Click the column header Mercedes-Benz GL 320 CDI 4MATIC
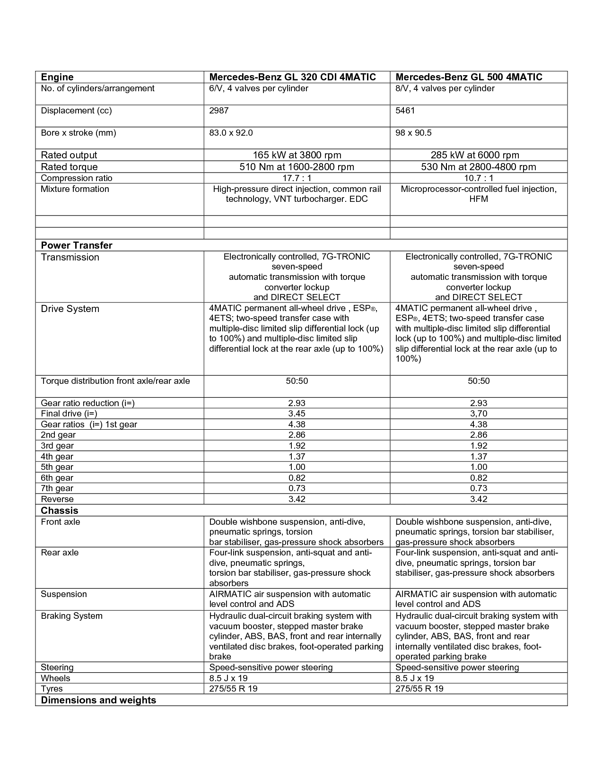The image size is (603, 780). pyautogui.click(x=292, y=77)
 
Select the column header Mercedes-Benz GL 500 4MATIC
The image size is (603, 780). pyautogui.click(x=469, y=77)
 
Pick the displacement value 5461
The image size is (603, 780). pyautogui.click(x=405, y=111)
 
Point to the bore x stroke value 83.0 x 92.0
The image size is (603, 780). pyautogui.click(x=231, y=133)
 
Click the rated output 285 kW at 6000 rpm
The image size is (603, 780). pyautogui.click(x=475, y=155)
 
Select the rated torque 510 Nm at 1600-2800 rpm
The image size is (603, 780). pyautogui.click(x=297, y=167)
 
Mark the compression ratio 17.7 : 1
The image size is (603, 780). pyautogui.click(x=297, y=178)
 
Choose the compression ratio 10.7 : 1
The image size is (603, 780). pyautogui.click(x=478, y=178)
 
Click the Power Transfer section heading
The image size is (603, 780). pyautogui.click(x=77, y=245)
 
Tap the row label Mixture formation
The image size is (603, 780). pyautogui.click(x=75, y=189)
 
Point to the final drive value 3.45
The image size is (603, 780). pyautogui.click(x=297, y=414)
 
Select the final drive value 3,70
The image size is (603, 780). pyautogui.click(x=478, y=414)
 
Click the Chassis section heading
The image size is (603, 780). pyautogui.click(x=60, y=511)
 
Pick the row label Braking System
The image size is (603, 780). pyautogui.click(x=71, y=616)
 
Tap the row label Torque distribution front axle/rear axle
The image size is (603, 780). pyautogui.click(x=115, y=381)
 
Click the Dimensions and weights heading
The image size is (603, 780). pyautogui.click(x=98, y=700)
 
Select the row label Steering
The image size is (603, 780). pyautogui.click(x=57, y=667)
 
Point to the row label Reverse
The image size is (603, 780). pyautogui.click(x=57, y=499)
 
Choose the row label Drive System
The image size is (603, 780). pyautogui.click(x=70, y=309)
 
